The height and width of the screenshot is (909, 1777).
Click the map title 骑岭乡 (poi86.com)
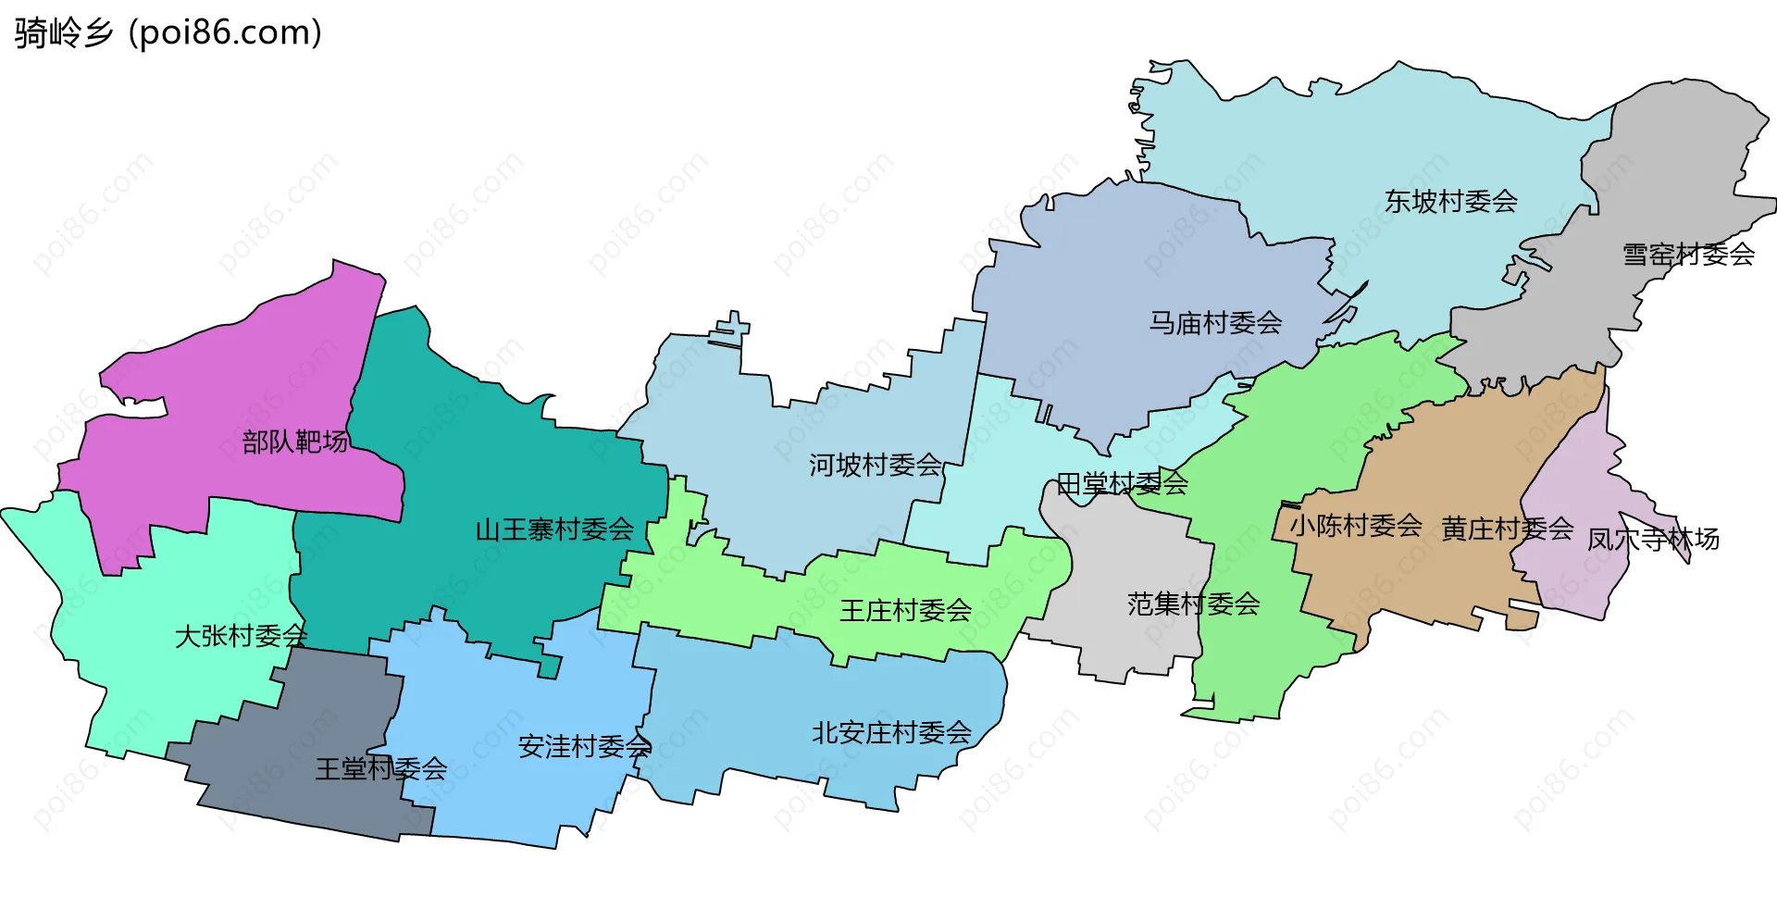[x=168, y=33]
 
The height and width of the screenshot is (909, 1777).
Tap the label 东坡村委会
[x=1450, y=202]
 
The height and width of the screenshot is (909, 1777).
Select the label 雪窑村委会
[x=1688, y=255]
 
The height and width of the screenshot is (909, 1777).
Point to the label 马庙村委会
[x=1215, y=323]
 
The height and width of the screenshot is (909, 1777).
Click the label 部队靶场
[x=295, y=442]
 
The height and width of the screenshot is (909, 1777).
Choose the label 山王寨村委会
[x=554, y=530]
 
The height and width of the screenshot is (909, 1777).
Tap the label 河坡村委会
[x=875, y=466]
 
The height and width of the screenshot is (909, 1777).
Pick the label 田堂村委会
[x=1122, y=484]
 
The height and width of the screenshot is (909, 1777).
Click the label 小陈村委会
[x=1356, y=527]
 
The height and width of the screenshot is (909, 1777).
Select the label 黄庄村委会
[x=1507, y=529]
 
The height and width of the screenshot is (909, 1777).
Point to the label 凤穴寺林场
[x=1653, y=540]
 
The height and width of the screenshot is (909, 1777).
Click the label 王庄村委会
[x=905, y=611]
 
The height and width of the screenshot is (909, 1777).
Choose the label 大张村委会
[x=241, y=637]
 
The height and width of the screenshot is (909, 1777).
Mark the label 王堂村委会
[x=380, y=769]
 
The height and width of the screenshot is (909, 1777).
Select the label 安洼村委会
[x=584, y=747]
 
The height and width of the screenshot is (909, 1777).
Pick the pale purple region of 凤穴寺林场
[x=1573, y=583]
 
